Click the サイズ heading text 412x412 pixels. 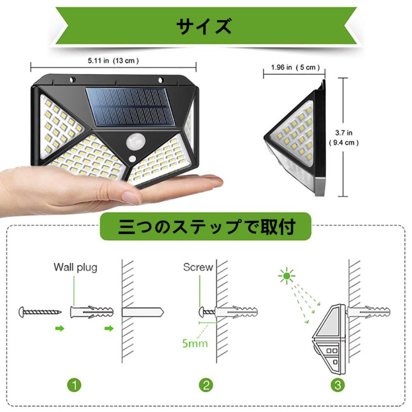point(204,27)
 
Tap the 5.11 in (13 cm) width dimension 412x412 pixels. point(113,60)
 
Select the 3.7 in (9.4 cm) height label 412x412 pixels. point(343,137)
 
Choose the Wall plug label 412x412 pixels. point(75,267)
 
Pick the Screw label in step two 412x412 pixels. point(198,267)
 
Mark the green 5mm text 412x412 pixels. point(194,342)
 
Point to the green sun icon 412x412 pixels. point(287,276)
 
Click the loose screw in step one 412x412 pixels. point(40,312)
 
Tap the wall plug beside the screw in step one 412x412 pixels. point(92,312)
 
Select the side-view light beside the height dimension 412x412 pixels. point(295,142)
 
